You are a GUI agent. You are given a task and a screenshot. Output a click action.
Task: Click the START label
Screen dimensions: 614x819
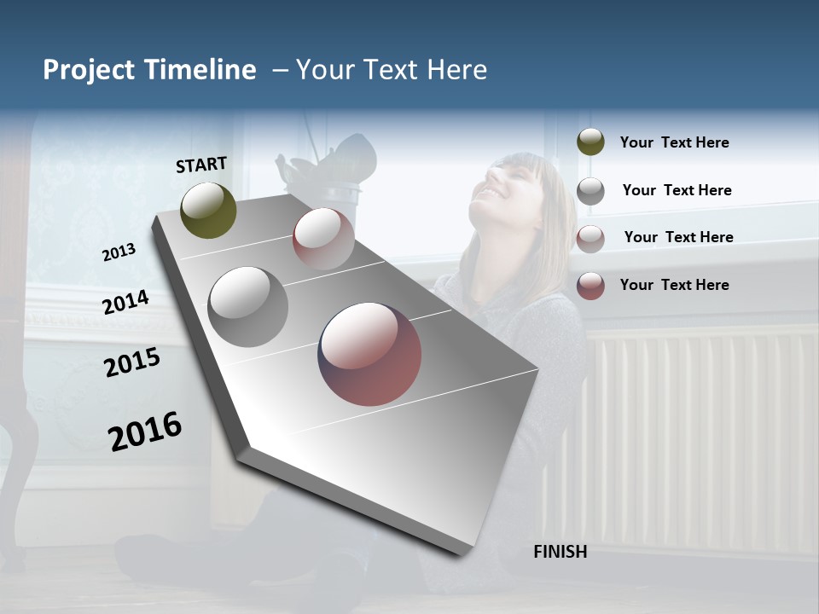click(x=201, y=164)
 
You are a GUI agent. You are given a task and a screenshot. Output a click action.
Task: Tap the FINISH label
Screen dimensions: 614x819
click(x=560, y=552)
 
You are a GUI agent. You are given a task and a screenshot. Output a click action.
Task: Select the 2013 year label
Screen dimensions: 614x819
click(x=119, y=252)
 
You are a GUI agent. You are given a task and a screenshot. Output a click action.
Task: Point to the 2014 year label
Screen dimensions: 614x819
click(x=125, y=302)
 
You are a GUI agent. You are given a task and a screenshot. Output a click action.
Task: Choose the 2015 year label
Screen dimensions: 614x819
click(x=132, y=362)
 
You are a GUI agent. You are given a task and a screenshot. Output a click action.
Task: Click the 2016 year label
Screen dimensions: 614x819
click(x=145, y=432)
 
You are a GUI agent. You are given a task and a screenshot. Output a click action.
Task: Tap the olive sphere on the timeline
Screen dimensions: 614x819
click(x=208, y=210)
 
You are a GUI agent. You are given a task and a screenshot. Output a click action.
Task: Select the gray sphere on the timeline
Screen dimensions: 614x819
click(x=247, y=307)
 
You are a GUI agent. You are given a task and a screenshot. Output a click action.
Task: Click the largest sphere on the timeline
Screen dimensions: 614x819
click(x=369, y=354)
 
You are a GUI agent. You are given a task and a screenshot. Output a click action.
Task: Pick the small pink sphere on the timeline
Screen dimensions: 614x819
click(x=323, y=238)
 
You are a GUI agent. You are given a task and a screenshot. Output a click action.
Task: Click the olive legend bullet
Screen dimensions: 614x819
click(x=590, y=142)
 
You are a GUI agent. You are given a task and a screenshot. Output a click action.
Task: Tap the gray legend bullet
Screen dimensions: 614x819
click(x=590, y=190)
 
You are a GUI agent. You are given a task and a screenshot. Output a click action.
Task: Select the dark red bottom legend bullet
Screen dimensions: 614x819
click(x=590, y=285)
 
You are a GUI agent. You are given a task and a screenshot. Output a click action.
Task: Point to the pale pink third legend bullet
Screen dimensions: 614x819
click(x=590, y=238)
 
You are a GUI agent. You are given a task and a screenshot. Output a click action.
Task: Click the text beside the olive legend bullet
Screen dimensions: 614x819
click(x=674, y=142)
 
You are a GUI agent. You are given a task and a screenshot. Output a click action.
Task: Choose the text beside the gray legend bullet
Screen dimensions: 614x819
click(x=677, y=190)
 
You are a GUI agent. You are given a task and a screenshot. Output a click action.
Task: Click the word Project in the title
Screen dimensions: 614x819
click(x=89, y=70)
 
